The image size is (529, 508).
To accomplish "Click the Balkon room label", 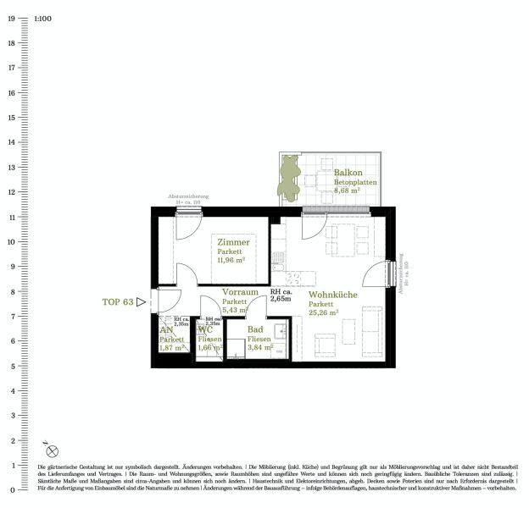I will [x=349, y=173].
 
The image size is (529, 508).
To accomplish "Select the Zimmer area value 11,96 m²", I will [x=230, y=261].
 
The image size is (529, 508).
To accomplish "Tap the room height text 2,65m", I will [x=281, y=300].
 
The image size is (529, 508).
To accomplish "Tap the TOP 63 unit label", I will [x=118, y=301].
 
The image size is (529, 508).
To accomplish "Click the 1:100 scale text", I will [x=43, y=17].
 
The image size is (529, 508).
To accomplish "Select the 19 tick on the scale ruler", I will [x=12, y=17].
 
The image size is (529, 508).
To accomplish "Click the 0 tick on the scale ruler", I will [x=12, y=490].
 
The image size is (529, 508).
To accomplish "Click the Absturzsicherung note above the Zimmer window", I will [x=187, y=196].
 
